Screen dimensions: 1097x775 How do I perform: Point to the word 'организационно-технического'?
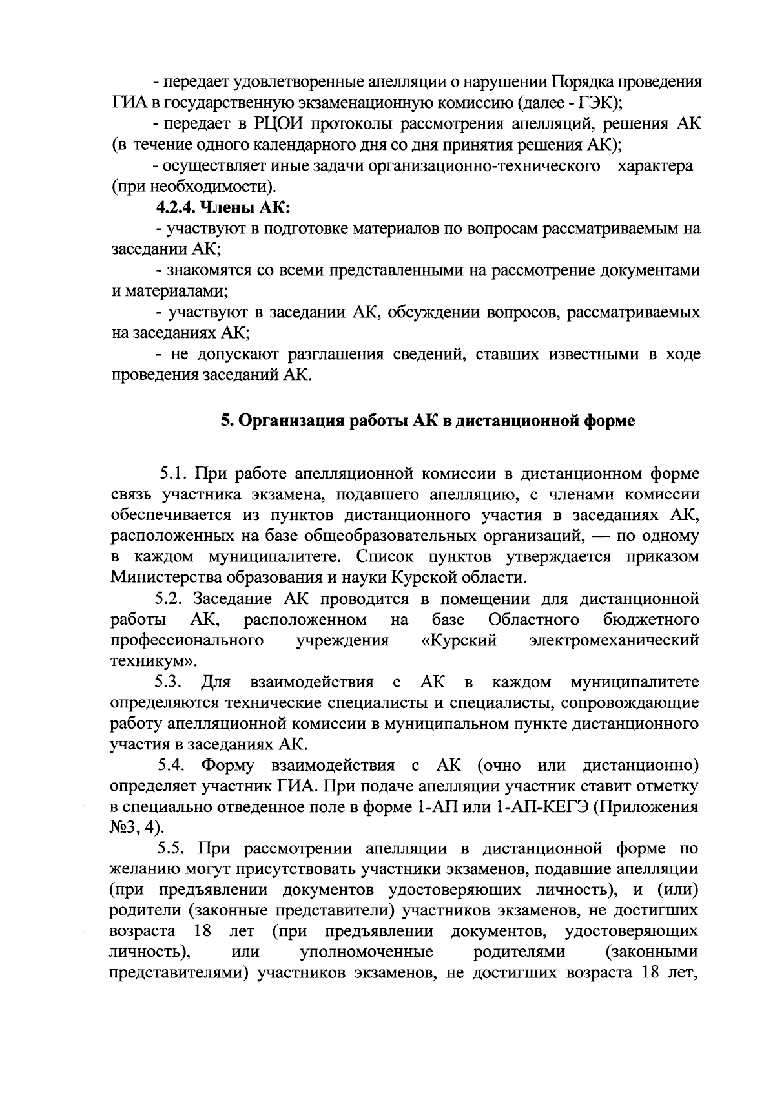[x=480, y=167]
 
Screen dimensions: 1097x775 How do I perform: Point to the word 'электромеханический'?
[x=614, y=640]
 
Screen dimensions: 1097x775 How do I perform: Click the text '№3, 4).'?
[x=138, y=828]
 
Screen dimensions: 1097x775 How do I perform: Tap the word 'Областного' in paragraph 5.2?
[x=533, y=620]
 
